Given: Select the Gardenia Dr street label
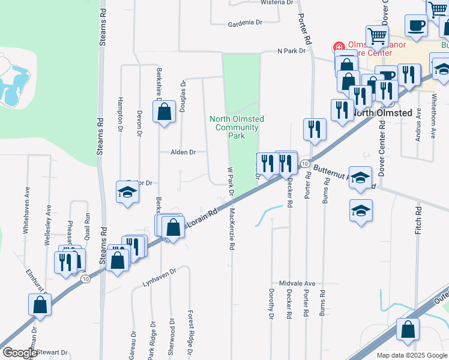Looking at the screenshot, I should tap(246, 23).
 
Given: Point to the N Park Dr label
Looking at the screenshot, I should tap(292, 51).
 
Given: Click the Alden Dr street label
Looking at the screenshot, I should tap(182, 152).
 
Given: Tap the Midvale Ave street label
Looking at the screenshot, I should tap(297, 283).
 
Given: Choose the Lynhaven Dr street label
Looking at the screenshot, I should tap(159, 275).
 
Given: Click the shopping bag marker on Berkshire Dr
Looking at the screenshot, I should tap(164, 112).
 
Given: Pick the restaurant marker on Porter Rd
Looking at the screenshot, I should tap(314, 128).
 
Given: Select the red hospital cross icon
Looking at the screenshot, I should tap(339, 46).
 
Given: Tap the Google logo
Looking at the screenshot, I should tap(20, 353).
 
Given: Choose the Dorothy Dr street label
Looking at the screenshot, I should tap(271, 302).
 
